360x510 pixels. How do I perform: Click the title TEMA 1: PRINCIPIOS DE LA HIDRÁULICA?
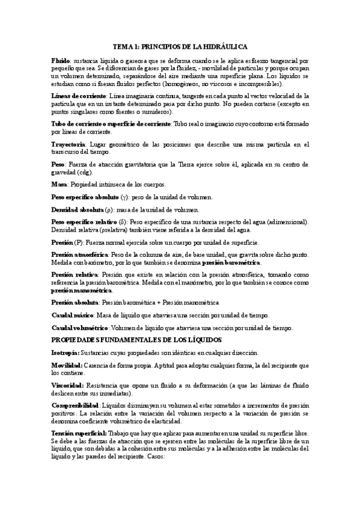[180, 46]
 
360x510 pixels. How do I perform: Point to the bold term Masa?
[59, 183]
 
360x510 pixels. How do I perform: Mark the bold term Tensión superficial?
[79, 433]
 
